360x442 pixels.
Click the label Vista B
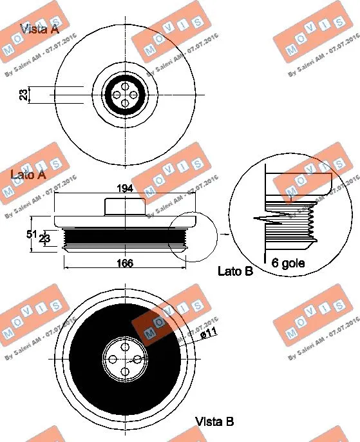[214, 422]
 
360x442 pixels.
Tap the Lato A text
[28, 175]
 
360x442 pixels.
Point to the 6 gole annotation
[288, 263]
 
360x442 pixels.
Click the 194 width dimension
[125, 188]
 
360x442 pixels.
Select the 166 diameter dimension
[125, 263]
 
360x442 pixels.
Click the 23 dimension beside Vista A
[23, 95]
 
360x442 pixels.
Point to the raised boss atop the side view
[124, 207]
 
